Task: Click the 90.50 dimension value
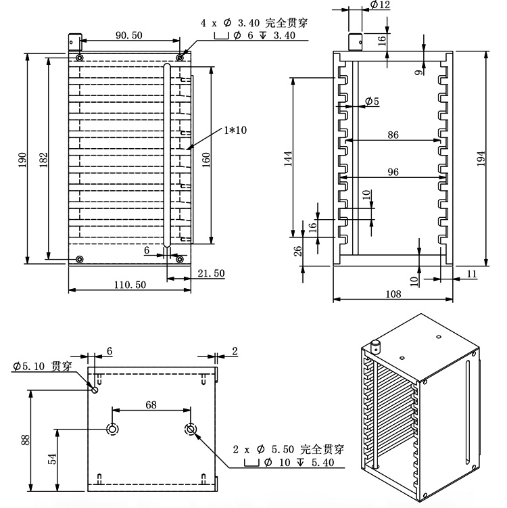128,35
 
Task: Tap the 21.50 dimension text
210,273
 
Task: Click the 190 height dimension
22,160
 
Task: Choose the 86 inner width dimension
393,135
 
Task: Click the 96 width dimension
393,172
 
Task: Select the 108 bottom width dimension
393,294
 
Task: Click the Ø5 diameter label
372,101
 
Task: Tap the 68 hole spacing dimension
151,405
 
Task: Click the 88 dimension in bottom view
25,440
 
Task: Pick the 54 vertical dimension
52,459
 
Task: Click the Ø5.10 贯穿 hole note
42,367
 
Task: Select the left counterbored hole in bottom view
113,430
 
